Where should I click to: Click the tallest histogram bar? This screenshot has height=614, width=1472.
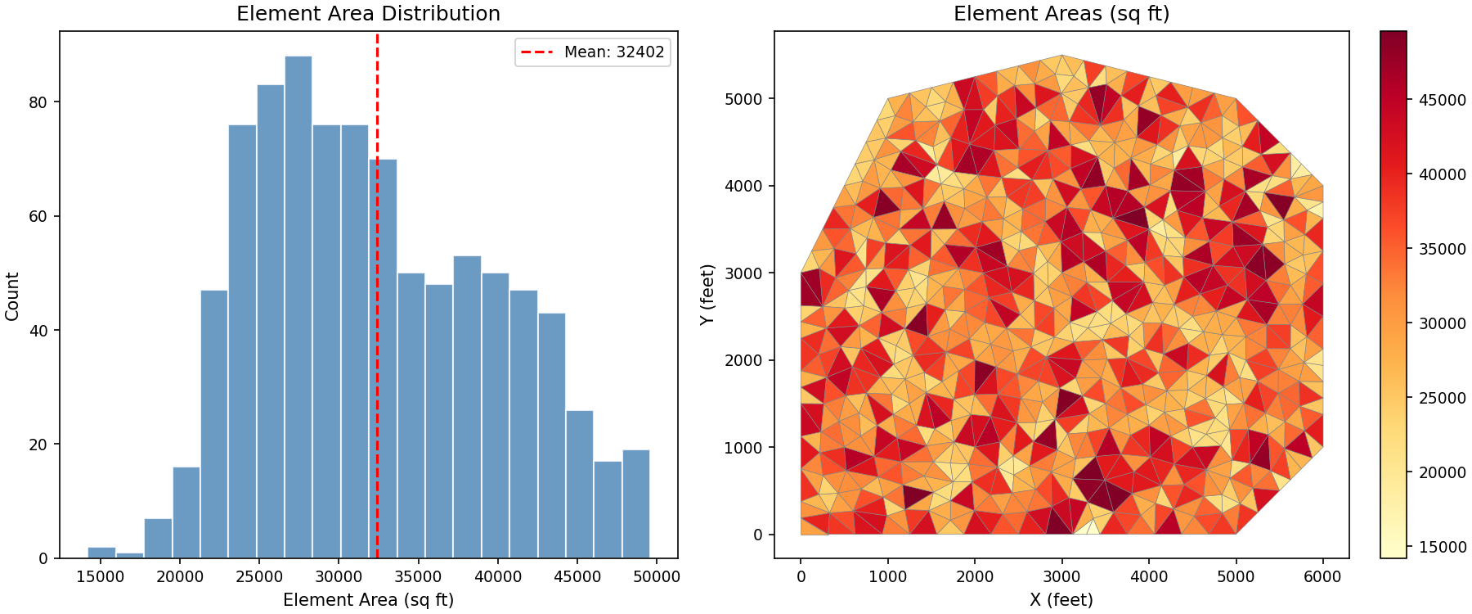298,307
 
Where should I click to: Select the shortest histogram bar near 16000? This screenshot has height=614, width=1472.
130,555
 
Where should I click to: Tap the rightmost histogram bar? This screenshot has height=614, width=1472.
635,504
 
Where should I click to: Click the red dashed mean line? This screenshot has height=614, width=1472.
377,246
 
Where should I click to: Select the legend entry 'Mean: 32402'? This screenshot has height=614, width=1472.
593,52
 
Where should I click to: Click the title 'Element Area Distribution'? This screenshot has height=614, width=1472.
368,14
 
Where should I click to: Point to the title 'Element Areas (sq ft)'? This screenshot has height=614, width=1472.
1061,14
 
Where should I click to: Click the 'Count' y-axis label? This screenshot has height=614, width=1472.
12,296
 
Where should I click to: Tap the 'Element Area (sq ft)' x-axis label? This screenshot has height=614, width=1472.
368,600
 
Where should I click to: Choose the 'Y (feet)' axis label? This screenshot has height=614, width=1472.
707,295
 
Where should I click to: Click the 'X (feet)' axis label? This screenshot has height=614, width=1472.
1061,600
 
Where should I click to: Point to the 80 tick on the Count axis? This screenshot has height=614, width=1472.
38,102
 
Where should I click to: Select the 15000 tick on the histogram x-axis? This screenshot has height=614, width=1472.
101,577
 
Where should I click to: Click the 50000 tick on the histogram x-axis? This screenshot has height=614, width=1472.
657,577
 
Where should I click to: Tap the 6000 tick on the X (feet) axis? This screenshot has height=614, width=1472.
1322,577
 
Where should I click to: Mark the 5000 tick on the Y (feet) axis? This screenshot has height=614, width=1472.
743,99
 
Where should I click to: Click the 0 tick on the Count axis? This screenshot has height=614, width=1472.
44,559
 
